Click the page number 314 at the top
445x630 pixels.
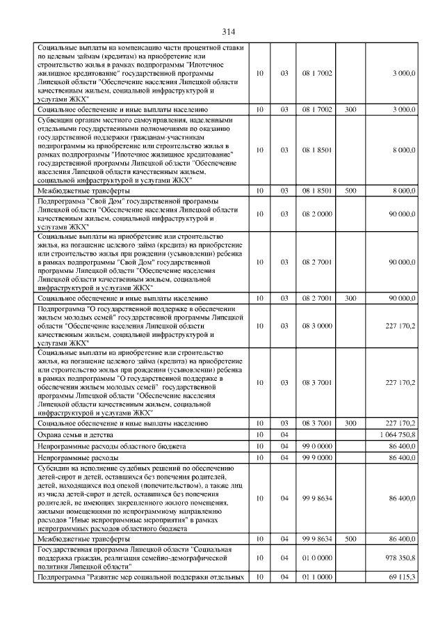click(x=229, y=32)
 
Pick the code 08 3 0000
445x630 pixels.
click(x=317, y=325)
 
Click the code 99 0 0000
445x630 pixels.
click(x=317, y=446)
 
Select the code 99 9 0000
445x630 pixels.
click(x=317, y=457)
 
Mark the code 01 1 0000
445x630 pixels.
click(x=317, y=577)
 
